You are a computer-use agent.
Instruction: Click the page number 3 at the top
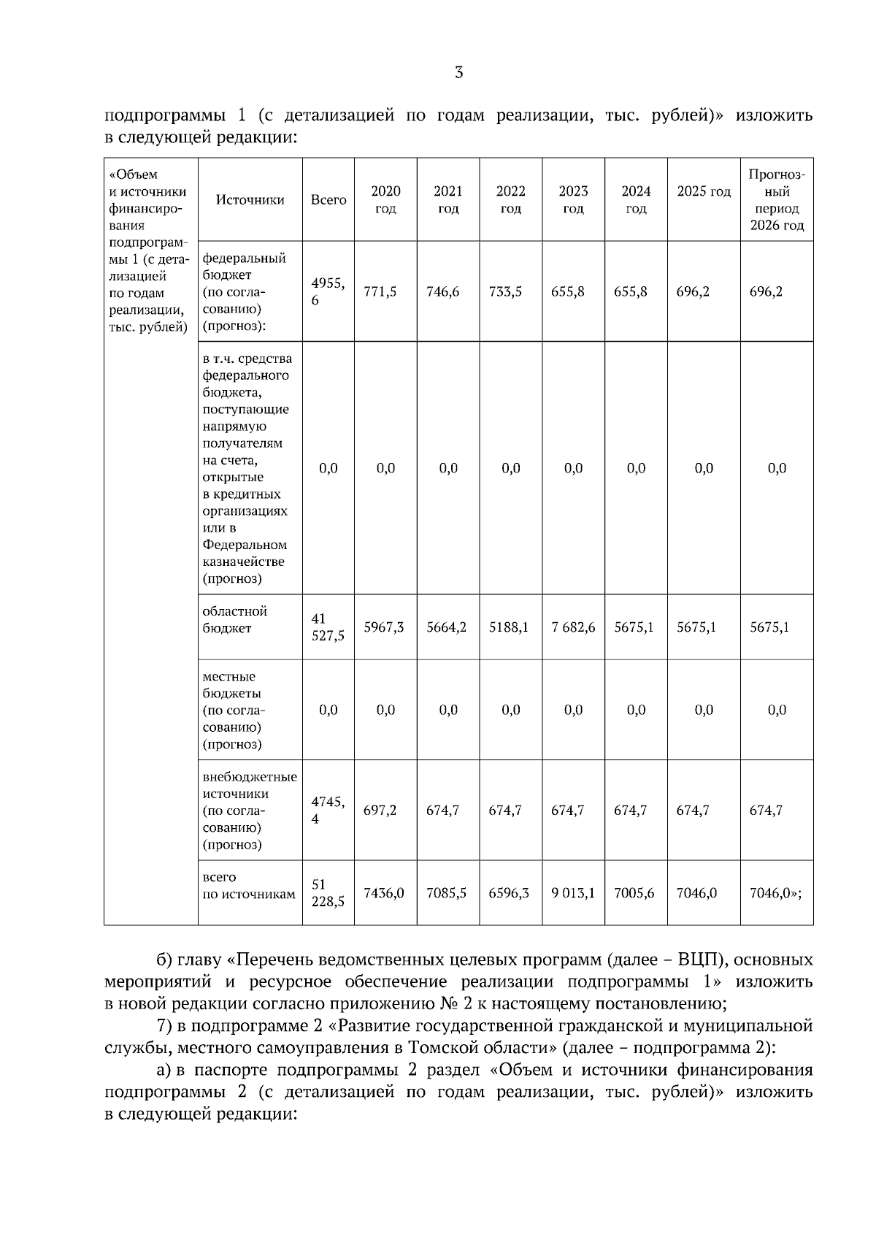point(458,72)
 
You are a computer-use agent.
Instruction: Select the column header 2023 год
point(573,199)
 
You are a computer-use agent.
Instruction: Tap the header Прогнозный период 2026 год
point(777,199)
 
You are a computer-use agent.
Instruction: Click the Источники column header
point(250,199)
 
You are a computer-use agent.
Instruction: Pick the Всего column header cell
point(328,199)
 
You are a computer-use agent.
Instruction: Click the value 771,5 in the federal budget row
point(380,291)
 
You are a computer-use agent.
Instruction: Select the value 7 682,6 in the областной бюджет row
point(573,627)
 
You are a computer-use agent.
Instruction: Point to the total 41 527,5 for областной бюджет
point(328,627)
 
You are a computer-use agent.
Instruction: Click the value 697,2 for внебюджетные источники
point(380,810)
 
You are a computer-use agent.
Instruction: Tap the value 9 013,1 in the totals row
point(573,892)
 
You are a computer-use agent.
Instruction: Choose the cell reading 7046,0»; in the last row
point(775,892)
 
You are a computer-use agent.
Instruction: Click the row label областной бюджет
point(235,619)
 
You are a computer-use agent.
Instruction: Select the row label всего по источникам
point(248,885)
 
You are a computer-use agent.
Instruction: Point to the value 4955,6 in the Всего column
point(328,291)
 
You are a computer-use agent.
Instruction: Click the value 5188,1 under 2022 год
point(510,627)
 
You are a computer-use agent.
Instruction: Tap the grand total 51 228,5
point(328,892)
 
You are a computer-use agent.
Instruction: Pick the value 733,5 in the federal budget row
point(505,291)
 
